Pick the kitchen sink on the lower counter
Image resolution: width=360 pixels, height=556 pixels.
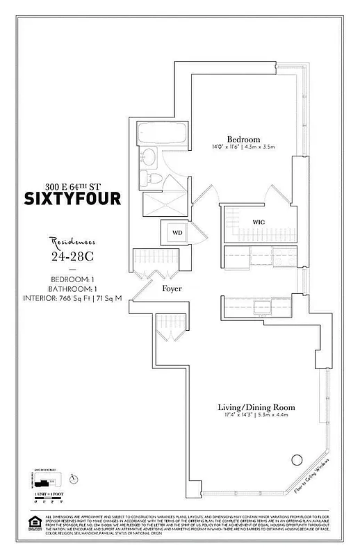[x=262, y=306]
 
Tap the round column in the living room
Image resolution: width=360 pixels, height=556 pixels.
[x=297, y=459]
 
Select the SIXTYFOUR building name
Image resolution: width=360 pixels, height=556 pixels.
[x=83, y=199]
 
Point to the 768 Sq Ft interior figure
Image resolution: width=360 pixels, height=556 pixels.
[x=82, y=299]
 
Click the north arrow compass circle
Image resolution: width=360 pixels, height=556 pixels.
[x=74, y=477]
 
